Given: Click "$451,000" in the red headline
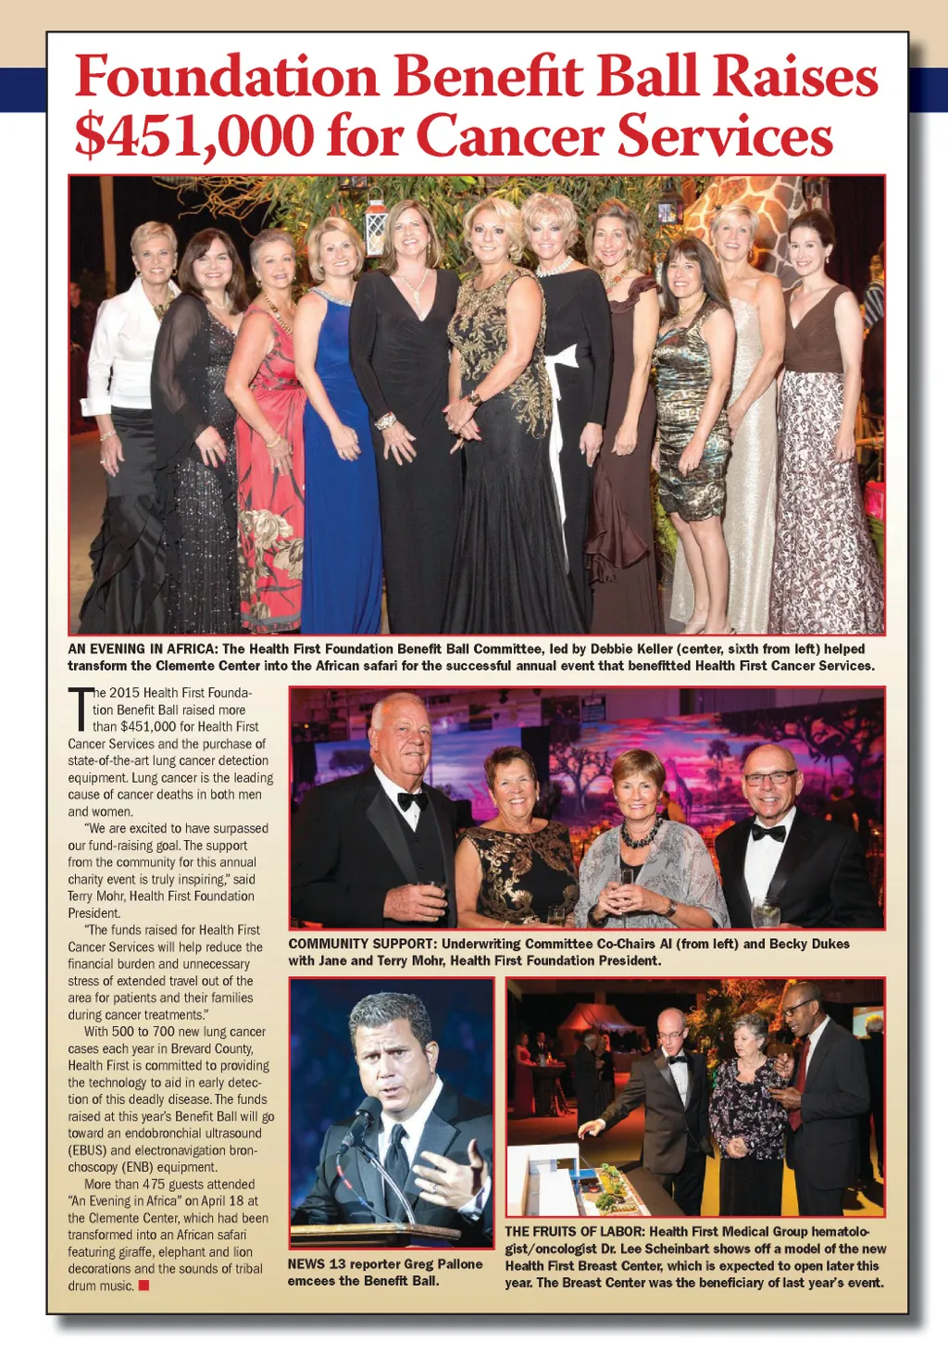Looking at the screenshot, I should coord(194,136).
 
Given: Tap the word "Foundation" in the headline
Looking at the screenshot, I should coord(227,76).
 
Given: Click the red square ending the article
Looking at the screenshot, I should coord(143,1285).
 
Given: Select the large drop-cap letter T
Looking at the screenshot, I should coord(79,709).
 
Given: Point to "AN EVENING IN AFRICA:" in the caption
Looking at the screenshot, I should coord(143,649).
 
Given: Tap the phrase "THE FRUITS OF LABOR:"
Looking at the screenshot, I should coord(574,1232).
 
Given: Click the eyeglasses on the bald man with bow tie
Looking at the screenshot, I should coord(770,777).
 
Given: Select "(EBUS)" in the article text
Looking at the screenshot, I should coord(88,1150).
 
